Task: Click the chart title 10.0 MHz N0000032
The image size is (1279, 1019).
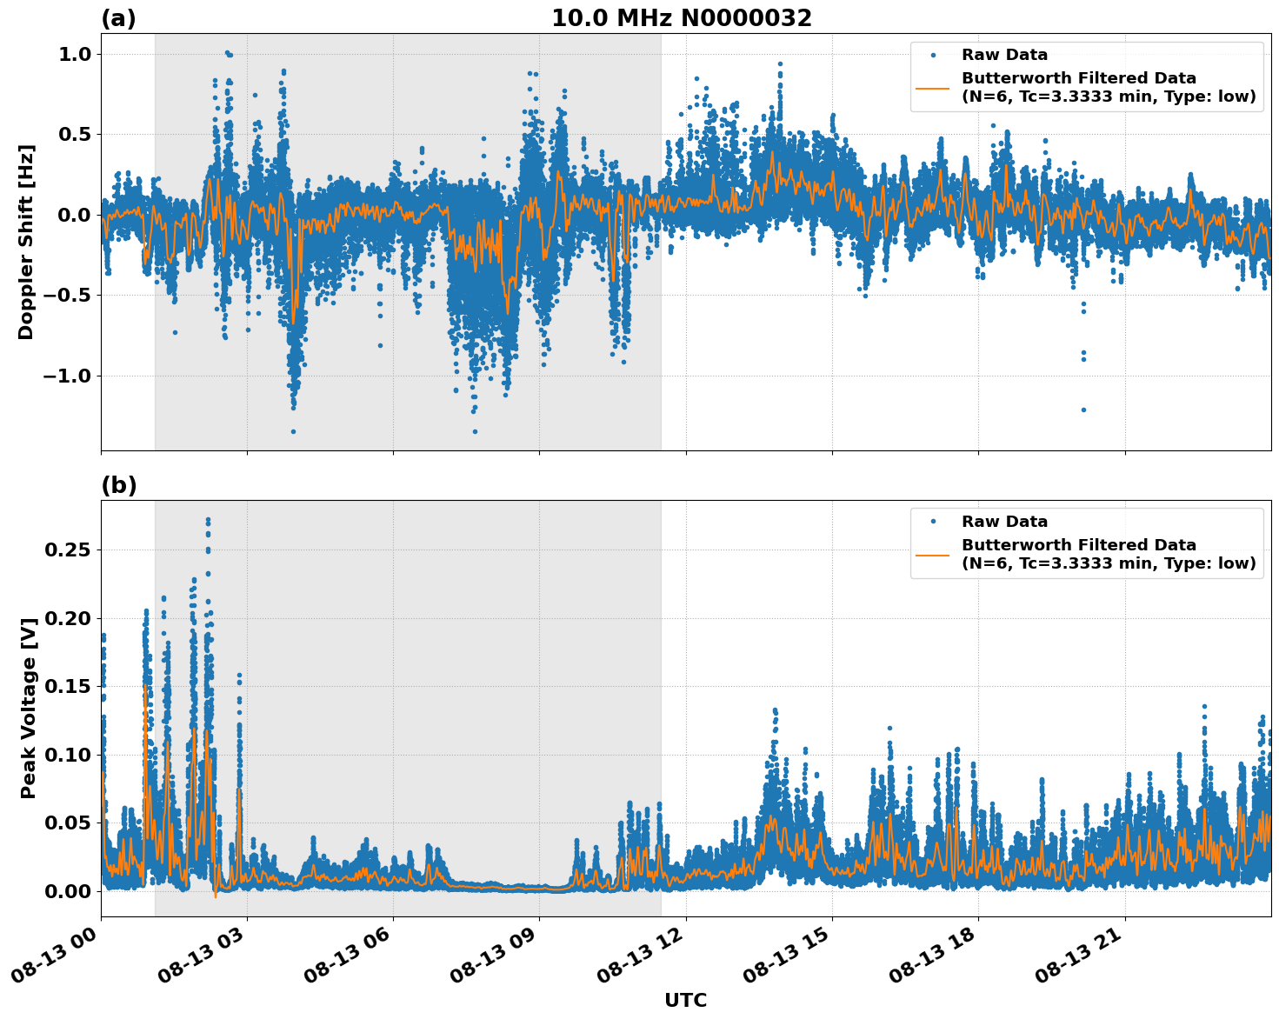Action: point(681,18)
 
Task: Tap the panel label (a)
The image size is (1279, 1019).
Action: point(118,18)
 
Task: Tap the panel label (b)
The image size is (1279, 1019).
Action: point(118,485)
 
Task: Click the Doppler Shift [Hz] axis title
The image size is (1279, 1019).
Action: point(26,242)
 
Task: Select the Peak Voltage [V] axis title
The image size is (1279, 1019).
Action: point(29,708)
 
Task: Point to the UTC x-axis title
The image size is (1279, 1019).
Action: point(685,1000)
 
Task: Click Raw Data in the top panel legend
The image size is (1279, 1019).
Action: point(1004,55)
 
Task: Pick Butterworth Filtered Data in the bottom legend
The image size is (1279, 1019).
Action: point(1078,545)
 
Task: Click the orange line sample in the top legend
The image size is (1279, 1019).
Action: point(932,87)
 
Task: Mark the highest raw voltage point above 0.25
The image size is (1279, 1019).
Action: point(208,520)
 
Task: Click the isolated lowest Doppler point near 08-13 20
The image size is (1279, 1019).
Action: point(1083,410)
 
